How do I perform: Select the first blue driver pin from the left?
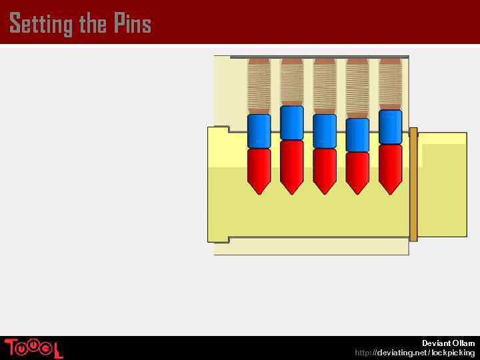[x=259, y=131]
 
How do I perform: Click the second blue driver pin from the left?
[x=292, y=123]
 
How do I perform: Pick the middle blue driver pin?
[x=325, y=131]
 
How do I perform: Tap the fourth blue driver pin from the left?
[x=357, y=135]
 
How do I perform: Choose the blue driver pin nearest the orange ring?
[x=390, y=127]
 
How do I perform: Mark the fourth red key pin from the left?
[x=357, y=172]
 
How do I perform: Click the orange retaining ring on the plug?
[x=413, y=184]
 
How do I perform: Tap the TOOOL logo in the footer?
[x=33, y=348]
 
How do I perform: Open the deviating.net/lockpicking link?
[x=415, y=352]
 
